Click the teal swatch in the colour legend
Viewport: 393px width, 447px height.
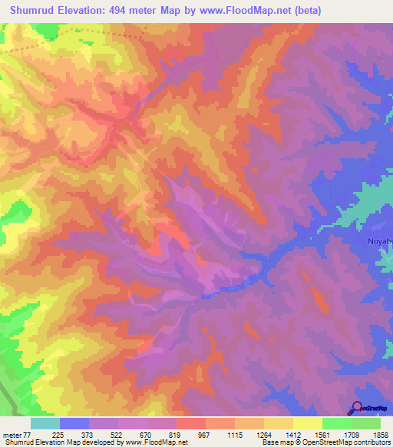tap(45, 423)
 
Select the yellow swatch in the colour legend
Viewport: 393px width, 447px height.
tap(307, 423)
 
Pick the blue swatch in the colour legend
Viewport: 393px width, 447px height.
tap(74, 423)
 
